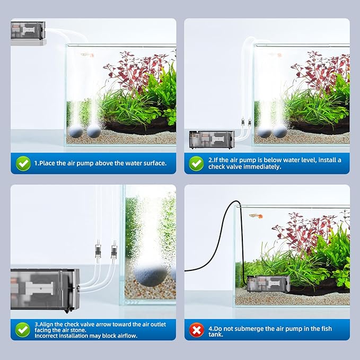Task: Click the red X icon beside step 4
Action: click(197, 331)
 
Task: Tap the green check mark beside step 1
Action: click(23, 163)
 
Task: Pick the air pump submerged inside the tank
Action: click(268, 284)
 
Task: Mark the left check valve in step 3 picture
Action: click(96, 249)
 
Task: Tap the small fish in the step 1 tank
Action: click(85, 54)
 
